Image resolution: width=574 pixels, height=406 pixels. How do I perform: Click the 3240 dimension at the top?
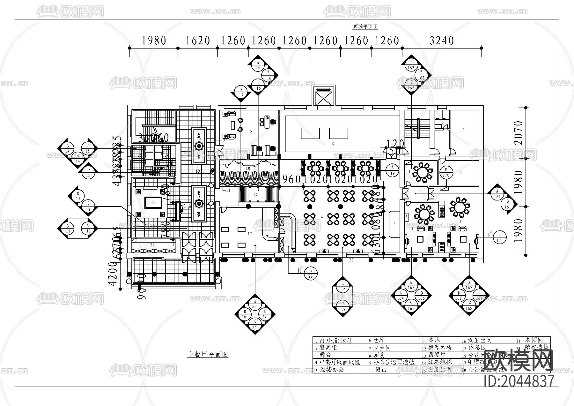click(442, 41)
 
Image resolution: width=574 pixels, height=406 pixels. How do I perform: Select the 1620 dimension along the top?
click(198, 41)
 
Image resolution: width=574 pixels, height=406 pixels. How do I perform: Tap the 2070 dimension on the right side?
click(519, 133)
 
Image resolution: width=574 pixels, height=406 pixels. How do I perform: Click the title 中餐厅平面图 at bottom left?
click(208, 355)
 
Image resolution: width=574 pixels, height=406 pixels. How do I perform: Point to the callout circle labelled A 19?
click(393, 170)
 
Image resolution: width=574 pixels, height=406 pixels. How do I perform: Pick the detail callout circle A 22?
click(310, 273)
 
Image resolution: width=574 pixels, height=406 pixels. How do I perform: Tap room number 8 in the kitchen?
click(333, 144)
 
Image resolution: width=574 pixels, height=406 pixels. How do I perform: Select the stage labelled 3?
click(394, 224)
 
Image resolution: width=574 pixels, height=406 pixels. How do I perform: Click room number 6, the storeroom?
click(463, 130)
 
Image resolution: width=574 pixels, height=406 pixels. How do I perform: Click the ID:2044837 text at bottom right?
click(519, 381)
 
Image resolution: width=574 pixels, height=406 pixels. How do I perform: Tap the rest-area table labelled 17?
click(153, 203)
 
